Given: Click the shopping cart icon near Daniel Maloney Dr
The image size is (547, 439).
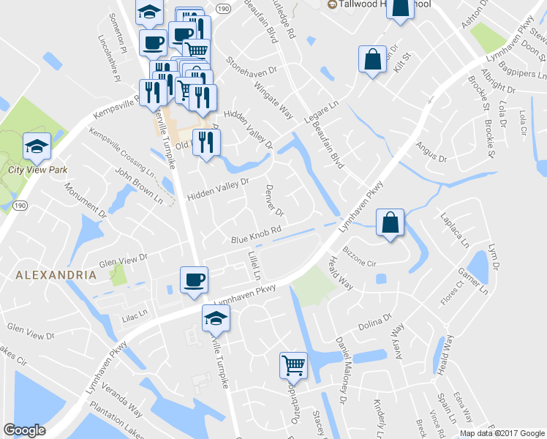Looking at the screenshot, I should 293,364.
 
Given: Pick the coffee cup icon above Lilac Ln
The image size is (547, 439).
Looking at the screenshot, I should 194,280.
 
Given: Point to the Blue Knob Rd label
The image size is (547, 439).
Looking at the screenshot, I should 257,235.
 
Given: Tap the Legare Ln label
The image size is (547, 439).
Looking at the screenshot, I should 322,110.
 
